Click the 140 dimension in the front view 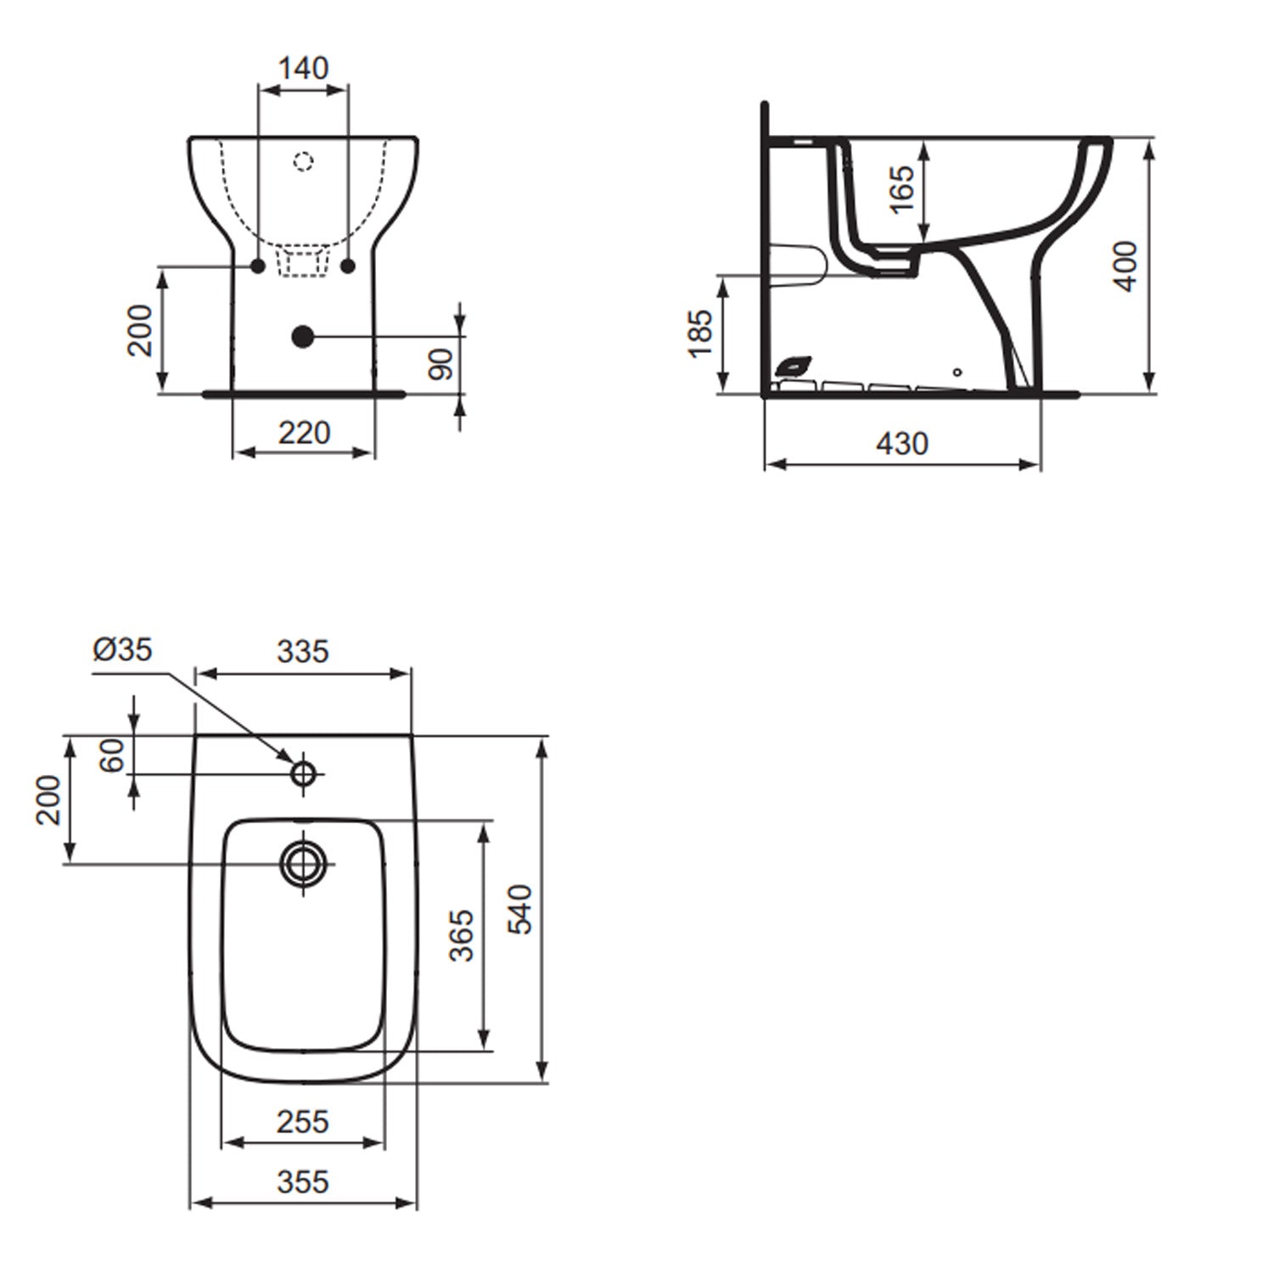coord(303,68)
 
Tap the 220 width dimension coord(304,433)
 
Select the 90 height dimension coord(442,364)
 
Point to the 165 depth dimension coord(902,188)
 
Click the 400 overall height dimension coord(1125,266)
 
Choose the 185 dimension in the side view coord(701,334)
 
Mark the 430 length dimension coord(902,443)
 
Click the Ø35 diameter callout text coord(123,649)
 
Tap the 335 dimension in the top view coord(303,652)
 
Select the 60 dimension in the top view coord(112,754)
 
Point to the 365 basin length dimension coord(462,935)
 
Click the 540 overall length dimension coord(519,909)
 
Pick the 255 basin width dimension coord(303,1122)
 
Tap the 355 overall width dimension coord(303,1181)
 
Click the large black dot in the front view coord(302,337)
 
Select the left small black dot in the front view coord(258,266)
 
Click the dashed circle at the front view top coord(303,160)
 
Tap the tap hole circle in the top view coord(303,773)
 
